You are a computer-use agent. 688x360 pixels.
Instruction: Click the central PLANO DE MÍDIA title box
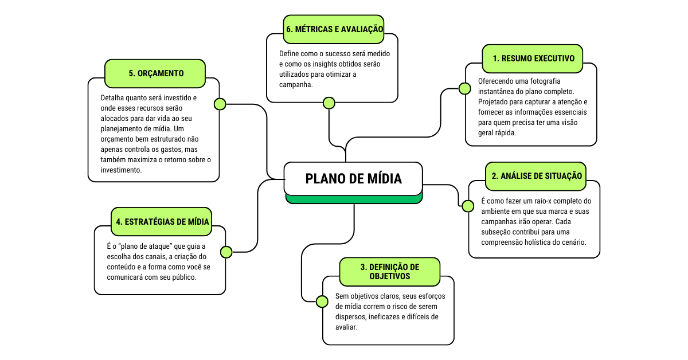pos(354,179)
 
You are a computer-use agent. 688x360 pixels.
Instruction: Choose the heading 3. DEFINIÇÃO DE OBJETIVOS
pos(390,272)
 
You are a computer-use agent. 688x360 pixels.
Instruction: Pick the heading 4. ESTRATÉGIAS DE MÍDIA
pos(162,221)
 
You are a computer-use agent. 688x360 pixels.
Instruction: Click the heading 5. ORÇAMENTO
pos(156,73)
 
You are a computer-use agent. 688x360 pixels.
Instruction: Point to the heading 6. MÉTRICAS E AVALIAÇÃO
pos(334,29)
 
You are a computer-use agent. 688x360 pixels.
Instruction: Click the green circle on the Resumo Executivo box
pos(464,88)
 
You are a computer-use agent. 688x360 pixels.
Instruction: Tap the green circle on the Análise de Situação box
pos(468,206)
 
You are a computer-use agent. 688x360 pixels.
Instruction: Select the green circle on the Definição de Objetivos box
pos(322,300)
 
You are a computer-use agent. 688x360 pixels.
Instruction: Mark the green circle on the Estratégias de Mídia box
pos(226,252)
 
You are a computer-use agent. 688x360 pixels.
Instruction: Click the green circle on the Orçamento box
pos(220,104)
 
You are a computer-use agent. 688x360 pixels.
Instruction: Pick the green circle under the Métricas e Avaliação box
pos(329,103)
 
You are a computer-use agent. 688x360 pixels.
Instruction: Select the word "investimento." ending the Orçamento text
pos(121,170)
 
